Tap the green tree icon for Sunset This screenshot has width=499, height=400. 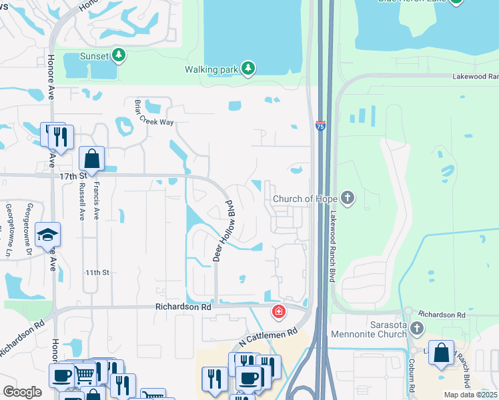point(119,55)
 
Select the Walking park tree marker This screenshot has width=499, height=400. point(248,68)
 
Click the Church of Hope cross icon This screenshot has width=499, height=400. point(347,198)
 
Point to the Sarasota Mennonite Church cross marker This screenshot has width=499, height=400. point(417,327)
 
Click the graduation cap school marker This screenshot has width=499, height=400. point(48,234)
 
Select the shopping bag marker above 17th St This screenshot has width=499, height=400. point(92,159)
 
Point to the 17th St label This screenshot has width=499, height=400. point(73,176)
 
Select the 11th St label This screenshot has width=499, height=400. point(96,273)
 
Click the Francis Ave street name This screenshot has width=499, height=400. point(97,201)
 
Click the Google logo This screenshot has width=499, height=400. point(22,392)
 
